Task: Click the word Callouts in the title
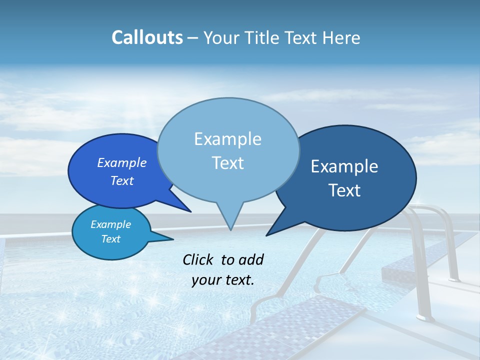pyautogui.click(x=147, y=37)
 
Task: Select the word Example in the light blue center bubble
pyautogui.click(x=227, y=139)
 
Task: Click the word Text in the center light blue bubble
pyautogui.click(x=227, y=163)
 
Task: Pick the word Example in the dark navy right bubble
pyautogui.click(x=344, y=166)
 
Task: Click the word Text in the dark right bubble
pyautogui.click(x=344, y=190)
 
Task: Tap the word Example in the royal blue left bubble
pyautogui.click(x=122, y=162)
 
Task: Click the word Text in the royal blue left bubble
pyautogui.click(x=122, y=180)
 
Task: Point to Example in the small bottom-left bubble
pyautogui.click(x=110, y=224)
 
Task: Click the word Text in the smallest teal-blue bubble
pyautogui.click(x=110, y=239)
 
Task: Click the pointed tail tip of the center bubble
pyautogui.click(x=230, y=230)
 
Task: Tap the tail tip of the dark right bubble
pyautogui.click(x=266, y=235)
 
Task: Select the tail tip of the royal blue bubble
pyautogui.click(x=191, y=211)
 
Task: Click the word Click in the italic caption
pyautogui.click(x=199, y=259)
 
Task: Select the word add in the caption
pyautogui.click(x=251, y=259)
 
